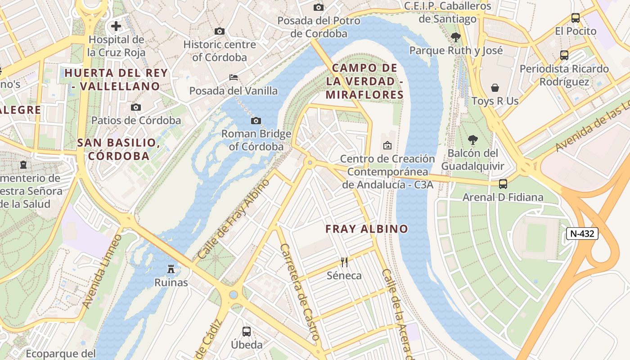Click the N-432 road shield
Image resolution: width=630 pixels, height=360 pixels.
(582, 233)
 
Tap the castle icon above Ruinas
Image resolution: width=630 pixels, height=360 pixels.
(171, 269)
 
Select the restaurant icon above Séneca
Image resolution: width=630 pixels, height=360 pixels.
(344, 262)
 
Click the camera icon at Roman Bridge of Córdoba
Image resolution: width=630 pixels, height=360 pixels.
(256, 121)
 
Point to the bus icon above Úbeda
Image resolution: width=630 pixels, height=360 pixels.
(247, 332)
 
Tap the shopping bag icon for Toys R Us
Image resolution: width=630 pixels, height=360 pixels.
(495, 87)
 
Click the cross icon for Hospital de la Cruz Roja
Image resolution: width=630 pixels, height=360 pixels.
(116, 26)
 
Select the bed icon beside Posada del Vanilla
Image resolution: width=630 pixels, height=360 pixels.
(234, 77)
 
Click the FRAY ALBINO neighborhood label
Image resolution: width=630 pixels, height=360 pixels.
(367, 229)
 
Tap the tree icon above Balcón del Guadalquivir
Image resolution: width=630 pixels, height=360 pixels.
(472, 139)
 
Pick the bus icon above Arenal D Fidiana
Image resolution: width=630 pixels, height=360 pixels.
(503, 184)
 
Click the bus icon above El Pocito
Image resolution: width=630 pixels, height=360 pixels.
(576, 18)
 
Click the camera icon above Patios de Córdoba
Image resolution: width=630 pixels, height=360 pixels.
(136, 107)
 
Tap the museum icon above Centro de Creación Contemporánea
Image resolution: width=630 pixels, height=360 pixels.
(387, 145)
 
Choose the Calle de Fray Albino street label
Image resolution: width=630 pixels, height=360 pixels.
(234, 219)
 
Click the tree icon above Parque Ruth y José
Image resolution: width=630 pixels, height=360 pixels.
(456, 37)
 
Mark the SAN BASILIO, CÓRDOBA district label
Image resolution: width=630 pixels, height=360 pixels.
(119, 149)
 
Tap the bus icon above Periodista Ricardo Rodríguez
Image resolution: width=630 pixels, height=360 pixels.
(564, 55)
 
